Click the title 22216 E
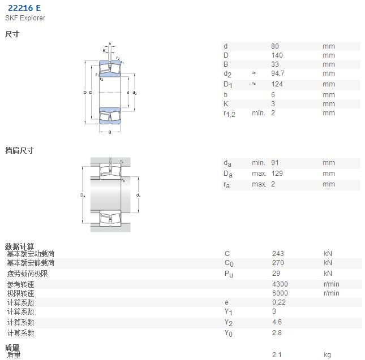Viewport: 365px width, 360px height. coord(24,8)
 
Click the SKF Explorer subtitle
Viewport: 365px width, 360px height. coord(25,18)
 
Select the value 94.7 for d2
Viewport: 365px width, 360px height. coord(277,73)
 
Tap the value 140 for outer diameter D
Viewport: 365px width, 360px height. coord(277,55)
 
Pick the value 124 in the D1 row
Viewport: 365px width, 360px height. coord(277,84)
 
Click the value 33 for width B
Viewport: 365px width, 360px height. coord(275,64)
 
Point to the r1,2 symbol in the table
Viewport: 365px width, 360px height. coord(229,114)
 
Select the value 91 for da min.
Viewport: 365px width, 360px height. coord(275,163)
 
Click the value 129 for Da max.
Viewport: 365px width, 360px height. coord(277,174)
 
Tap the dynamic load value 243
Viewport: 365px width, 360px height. coord(278,254)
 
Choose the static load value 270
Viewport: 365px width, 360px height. coord(278,263)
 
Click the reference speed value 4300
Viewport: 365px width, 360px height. coord(280,284)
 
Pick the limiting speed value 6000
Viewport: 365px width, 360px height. coord(280,293)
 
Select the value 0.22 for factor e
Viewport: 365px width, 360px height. coord(279,302)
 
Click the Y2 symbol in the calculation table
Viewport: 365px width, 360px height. coord(229,323)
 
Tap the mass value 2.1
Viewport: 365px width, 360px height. coord(277,355)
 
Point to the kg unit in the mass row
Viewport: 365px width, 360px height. coord(327,355)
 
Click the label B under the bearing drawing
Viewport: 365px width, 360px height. coord(110,132)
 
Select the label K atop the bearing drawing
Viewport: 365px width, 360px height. coord(104,51)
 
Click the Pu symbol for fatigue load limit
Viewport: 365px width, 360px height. coord(229,274)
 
